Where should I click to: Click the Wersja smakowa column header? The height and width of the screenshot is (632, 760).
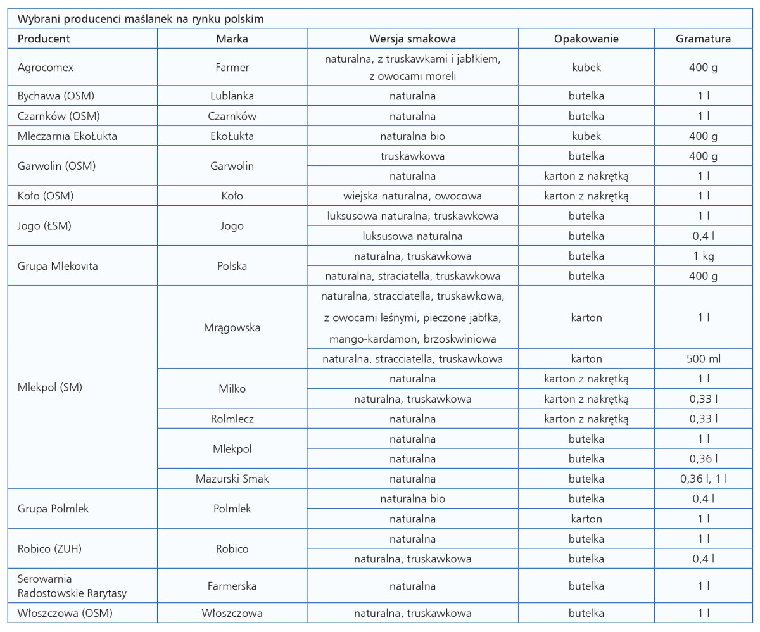[x=412, y=39]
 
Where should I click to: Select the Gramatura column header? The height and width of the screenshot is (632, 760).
[x=703, y=39]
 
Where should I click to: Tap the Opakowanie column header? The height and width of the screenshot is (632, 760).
[x=586, y=39]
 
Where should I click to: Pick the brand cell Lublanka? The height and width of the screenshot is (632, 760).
[x=232, y=96]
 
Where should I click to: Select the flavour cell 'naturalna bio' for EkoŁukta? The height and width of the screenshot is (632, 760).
[x=412, y=136]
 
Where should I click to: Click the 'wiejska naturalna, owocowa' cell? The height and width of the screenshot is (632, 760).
[x=412, y=196]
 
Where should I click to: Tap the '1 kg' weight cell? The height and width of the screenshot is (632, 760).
[x=703, y=256]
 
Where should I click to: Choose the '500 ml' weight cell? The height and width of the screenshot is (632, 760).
[x=703, y=359]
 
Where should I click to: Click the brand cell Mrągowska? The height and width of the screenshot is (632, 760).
[x=232, y=327]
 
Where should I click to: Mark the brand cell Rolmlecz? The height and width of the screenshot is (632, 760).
[x=232, y=419]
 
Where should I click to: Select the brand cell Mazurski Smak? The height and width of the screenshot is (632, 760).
[x=232, y=479]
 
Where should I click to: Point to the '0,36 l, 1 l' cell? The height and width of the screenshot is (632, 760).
[x=703, y=479]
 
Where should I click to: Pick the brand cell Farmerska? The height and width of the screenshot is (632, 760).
[x=232, y=586]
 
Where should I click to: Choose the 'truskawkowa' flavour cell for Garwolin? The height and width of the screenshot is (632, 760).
[x=412, y=156]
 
